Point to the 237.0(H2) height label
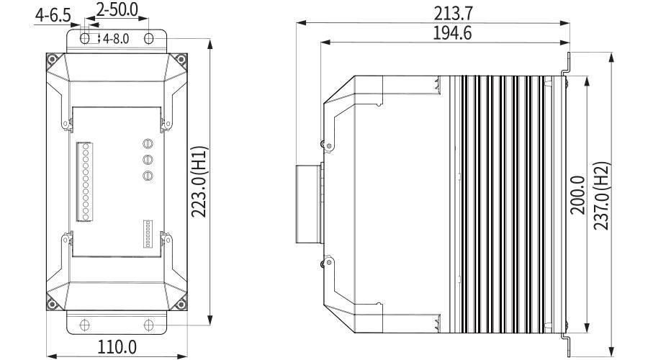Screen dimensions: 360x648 602,195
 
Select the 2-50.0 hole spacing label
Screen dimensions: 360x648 117,9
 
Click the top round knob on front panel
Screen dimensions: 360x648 148,144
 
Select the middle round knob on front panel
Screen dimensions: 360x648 148,160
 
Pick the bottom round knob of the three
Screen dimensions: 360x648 148,176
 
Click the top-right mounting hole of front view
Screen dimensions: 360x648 148,37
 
